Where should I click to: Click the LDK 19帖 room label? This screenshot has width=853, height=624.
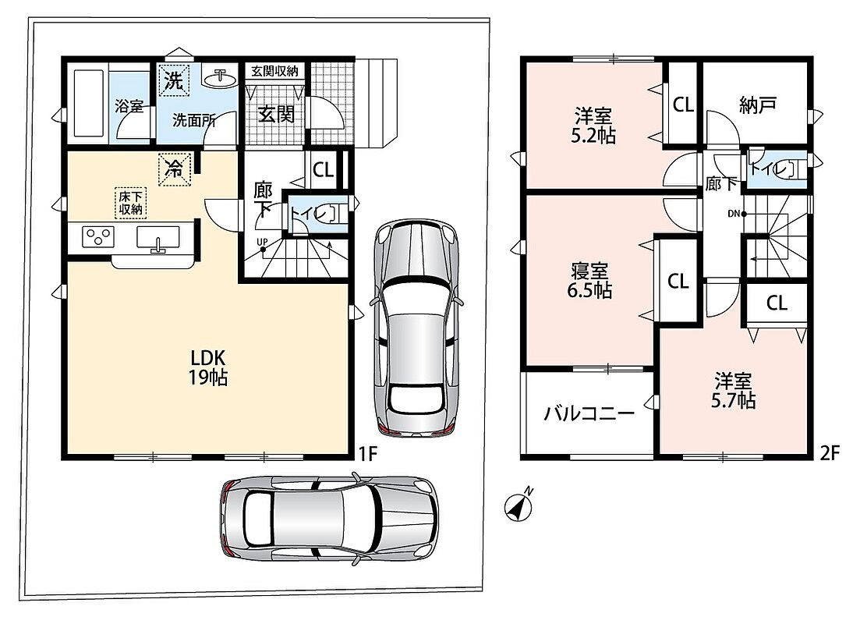point(208,367)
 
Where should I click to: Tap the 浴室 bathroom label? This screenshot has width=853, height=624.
point(129,106)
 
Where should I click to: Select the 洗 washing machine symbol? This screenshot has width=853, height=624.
point(174,80)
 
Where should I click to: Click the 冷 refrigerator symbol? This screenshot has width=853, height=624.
point(174,169)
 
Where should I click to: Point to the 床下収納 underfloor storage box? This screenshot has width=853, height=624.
point(130,203)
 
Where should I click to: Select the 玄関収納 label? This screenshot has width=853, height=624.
point(274,71)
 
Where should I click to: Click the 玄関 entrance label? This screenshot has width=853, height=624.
point(276,114)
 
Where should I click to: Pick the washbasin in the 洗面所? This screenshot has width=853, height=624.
point(221,78)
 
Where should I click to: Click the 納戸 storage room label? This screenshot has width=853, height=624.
point(757,105)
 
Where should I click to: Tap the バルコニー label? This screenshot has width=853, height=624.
point(589,414)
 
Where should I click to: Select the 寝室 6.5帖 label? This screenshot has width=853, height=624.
point(589,281)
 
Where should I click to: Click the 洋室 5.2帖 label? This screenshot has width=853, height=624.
point(593,126)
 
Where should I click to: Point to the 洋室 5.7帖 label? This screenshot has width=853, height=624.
point(734,391)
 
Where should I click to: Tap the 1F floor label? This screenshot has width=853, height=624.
point(368,454)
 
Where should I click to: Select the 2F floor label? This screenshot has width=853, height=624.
point(830,454)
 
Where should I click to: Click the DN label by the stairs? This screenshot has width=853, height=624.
point(734,214)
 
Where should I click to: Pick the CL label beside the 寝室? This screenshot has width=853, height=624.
point(678,282)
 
